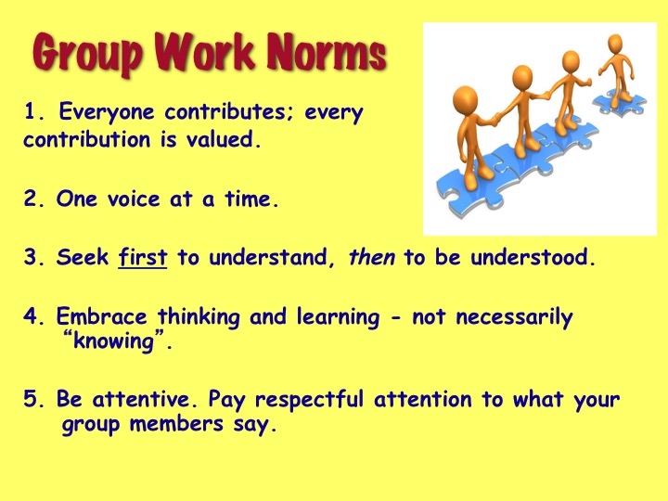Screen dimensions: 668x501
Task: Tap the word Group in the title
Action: (x=87, y=55)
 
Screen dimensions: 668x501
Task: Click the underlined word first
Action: (x=143, y=257)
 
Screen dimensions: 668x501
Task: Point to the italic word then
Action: (x=371, y=257)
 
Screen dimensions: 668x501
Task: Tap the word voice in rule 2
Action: (x=134, y=199)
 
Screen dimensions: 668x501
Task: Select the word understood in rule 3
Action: (x=533, y=257)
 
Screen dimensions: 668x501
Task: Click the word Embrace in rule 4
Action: (x=101, y=316)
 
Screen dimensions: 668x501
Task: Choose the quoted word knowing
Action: (x=113, y=341)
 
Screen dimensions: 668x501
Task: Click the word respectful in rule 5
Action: (x=309, y=401)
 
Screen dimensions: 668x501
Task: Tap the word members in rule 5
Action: (x=176, y=424)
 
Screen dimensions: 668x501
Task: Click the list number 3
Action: (x=32, y=257)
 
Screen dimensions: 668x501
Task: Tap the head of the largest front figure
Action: (x=465, y=98)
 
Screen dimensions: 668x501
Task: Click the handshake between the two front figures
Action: (x=495, y=119)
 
